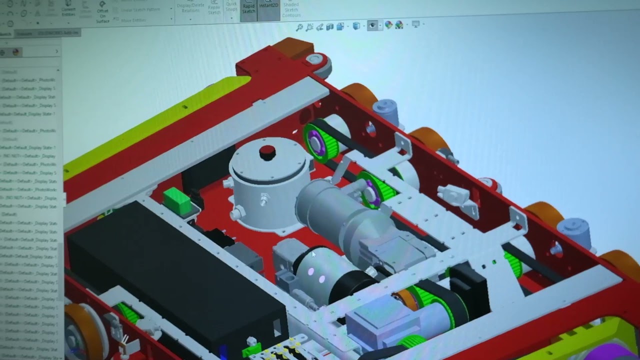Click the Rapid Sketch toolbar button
[248, 8]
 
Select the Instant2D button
[268, 6]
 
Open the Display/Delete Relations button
[190, 7]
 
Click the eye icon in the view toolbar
[372, 26]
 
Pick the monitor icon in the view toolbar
[415, 24]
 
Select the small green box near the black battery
[176, 201]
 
